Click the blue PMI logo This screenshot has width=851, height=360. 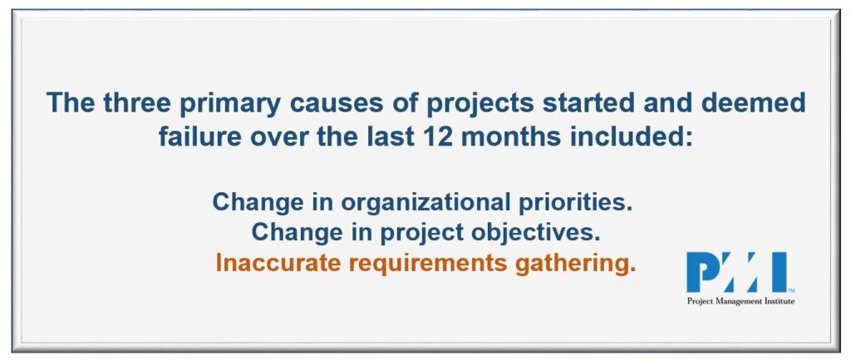[x=737, y=272]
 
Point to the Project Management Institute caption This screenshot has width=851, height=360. [x=740, y=301]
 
